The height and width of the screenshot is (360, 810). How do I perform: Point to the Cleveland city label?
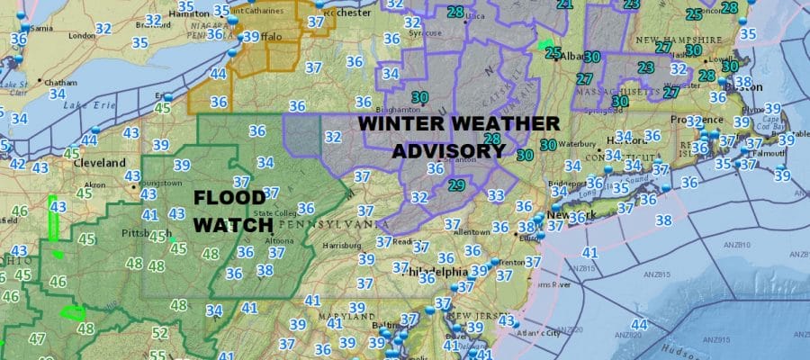coord(102,163)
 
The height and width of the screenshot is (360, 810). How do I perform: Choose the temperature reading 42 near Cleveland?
coord(17,164)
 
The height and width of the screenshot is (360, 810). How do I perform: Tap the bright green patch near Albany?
coord(545,44)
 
